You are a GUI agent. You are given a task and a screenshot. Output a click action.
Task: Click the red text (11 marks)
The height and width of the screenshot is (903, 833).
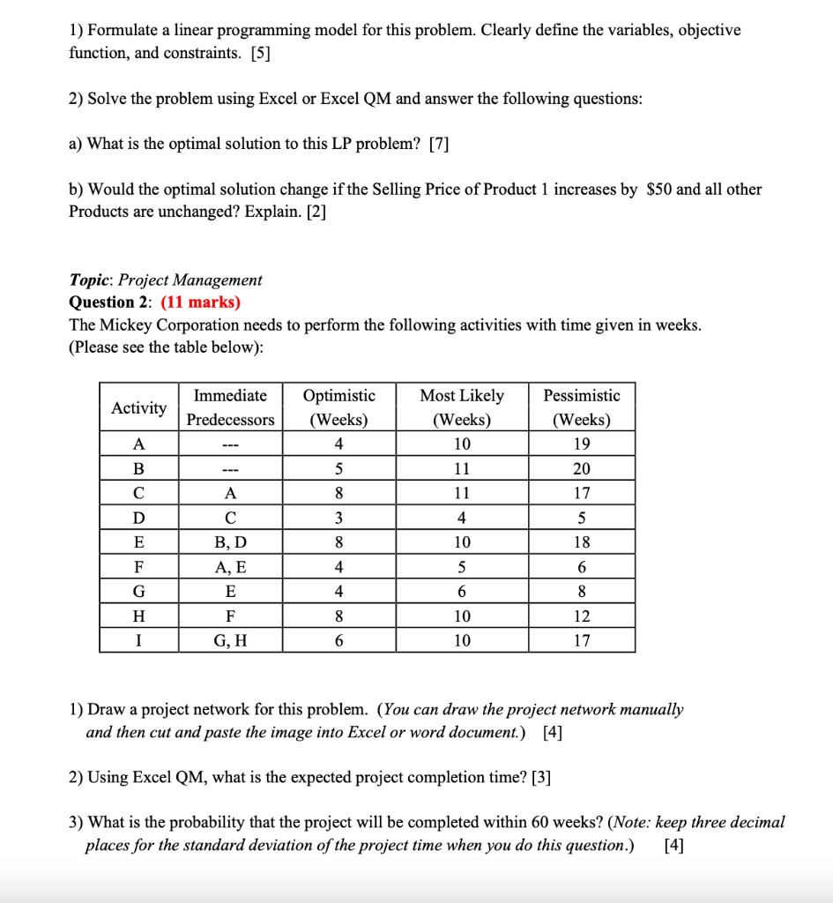pos(200,302)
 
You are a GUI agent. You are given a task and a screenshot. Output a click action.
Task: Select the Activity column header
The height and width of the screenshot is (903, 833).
pos(138,407)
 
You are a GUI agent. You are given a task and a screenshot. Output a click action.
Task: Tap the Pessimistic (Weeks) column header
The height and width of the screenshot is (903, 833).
pos(581,407)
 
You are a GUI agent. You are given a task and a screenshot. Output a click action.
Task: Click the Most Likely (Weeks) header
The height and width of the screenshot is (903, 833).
pos(462,407)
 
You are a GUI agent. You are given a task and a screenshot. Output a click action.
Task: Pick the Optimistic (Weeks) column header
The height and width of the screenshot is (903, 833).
pos(338,407)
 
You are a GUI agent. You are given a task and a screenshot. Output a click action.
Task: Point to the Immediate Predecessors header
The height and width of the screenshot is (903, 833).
pos(230,407)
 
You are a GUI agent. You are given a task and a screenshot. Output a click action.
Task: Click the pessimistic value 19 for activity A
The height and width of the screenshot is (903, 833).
pos(581,444)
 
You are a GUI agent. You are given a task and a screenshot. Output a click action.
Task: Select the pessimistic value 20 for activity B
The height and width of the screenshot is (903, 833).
pos(581,468)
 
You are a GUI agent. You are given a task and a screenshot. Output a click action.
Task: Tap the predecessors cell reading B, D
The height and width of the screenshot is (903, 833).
pos(230,542)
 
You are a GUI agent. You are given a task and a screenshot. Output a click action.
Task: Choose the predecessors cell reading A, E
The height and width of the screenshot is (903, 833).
pos(230,567)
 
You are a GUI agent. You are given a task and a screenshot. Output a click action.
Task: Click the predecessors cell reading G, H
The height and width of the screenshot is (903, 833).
pos(230,641)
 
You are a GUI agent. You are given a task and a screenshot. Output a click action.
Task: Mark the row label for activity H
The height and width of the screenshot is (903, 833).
pos(138,616)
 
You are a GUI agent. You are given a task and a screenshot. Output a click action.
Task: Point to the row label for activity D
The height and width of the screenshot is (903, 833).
pos(138,518)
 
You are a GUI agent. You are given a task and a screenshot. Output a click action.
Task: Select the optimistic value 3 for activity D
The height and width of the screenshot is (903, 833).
pos(338,518)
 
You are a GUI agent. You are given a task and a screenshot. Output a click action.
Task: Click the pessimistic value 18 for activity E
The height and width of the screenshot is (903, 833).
pos(581,542)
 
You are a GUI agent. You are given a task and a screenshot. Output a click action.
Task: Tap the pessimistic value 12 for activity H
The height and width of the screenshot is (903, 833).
pos(581,616)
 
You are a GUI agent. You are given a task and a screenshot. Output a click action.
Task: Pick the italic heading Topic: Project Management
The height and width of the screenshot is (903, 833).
pos(166,280)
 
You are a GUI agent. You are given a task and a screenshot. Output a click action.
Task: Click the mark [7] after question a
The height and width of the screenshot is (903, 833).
pos(439,145)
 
